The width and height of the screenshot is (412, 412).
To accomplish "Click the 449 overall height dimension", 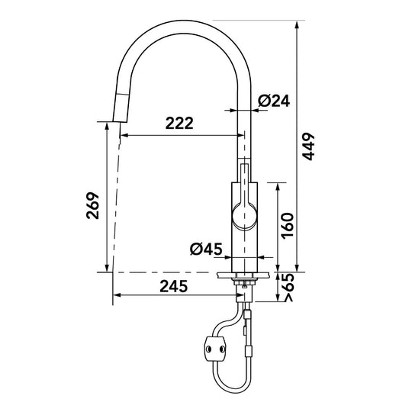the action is [308, 146].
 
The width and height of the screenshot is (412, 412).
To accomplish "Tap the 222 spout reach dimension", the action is [179, 123].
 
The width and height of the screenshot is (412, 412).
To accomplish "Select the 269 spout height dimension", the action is [93, 205].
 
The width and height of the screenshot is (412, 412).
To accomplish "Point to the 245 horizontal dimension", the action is [174, 286].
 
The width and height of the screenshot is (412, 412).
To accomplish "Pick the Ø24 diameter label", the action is [274, 101].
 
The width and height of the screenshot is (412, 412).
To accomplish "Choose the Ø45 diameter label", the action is [206, 249].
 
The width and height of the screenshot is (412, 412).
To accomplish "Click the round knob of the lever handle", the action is [244, 217].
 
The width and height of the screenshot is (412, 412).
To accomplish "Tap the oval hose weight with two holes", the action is [215, 349].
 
